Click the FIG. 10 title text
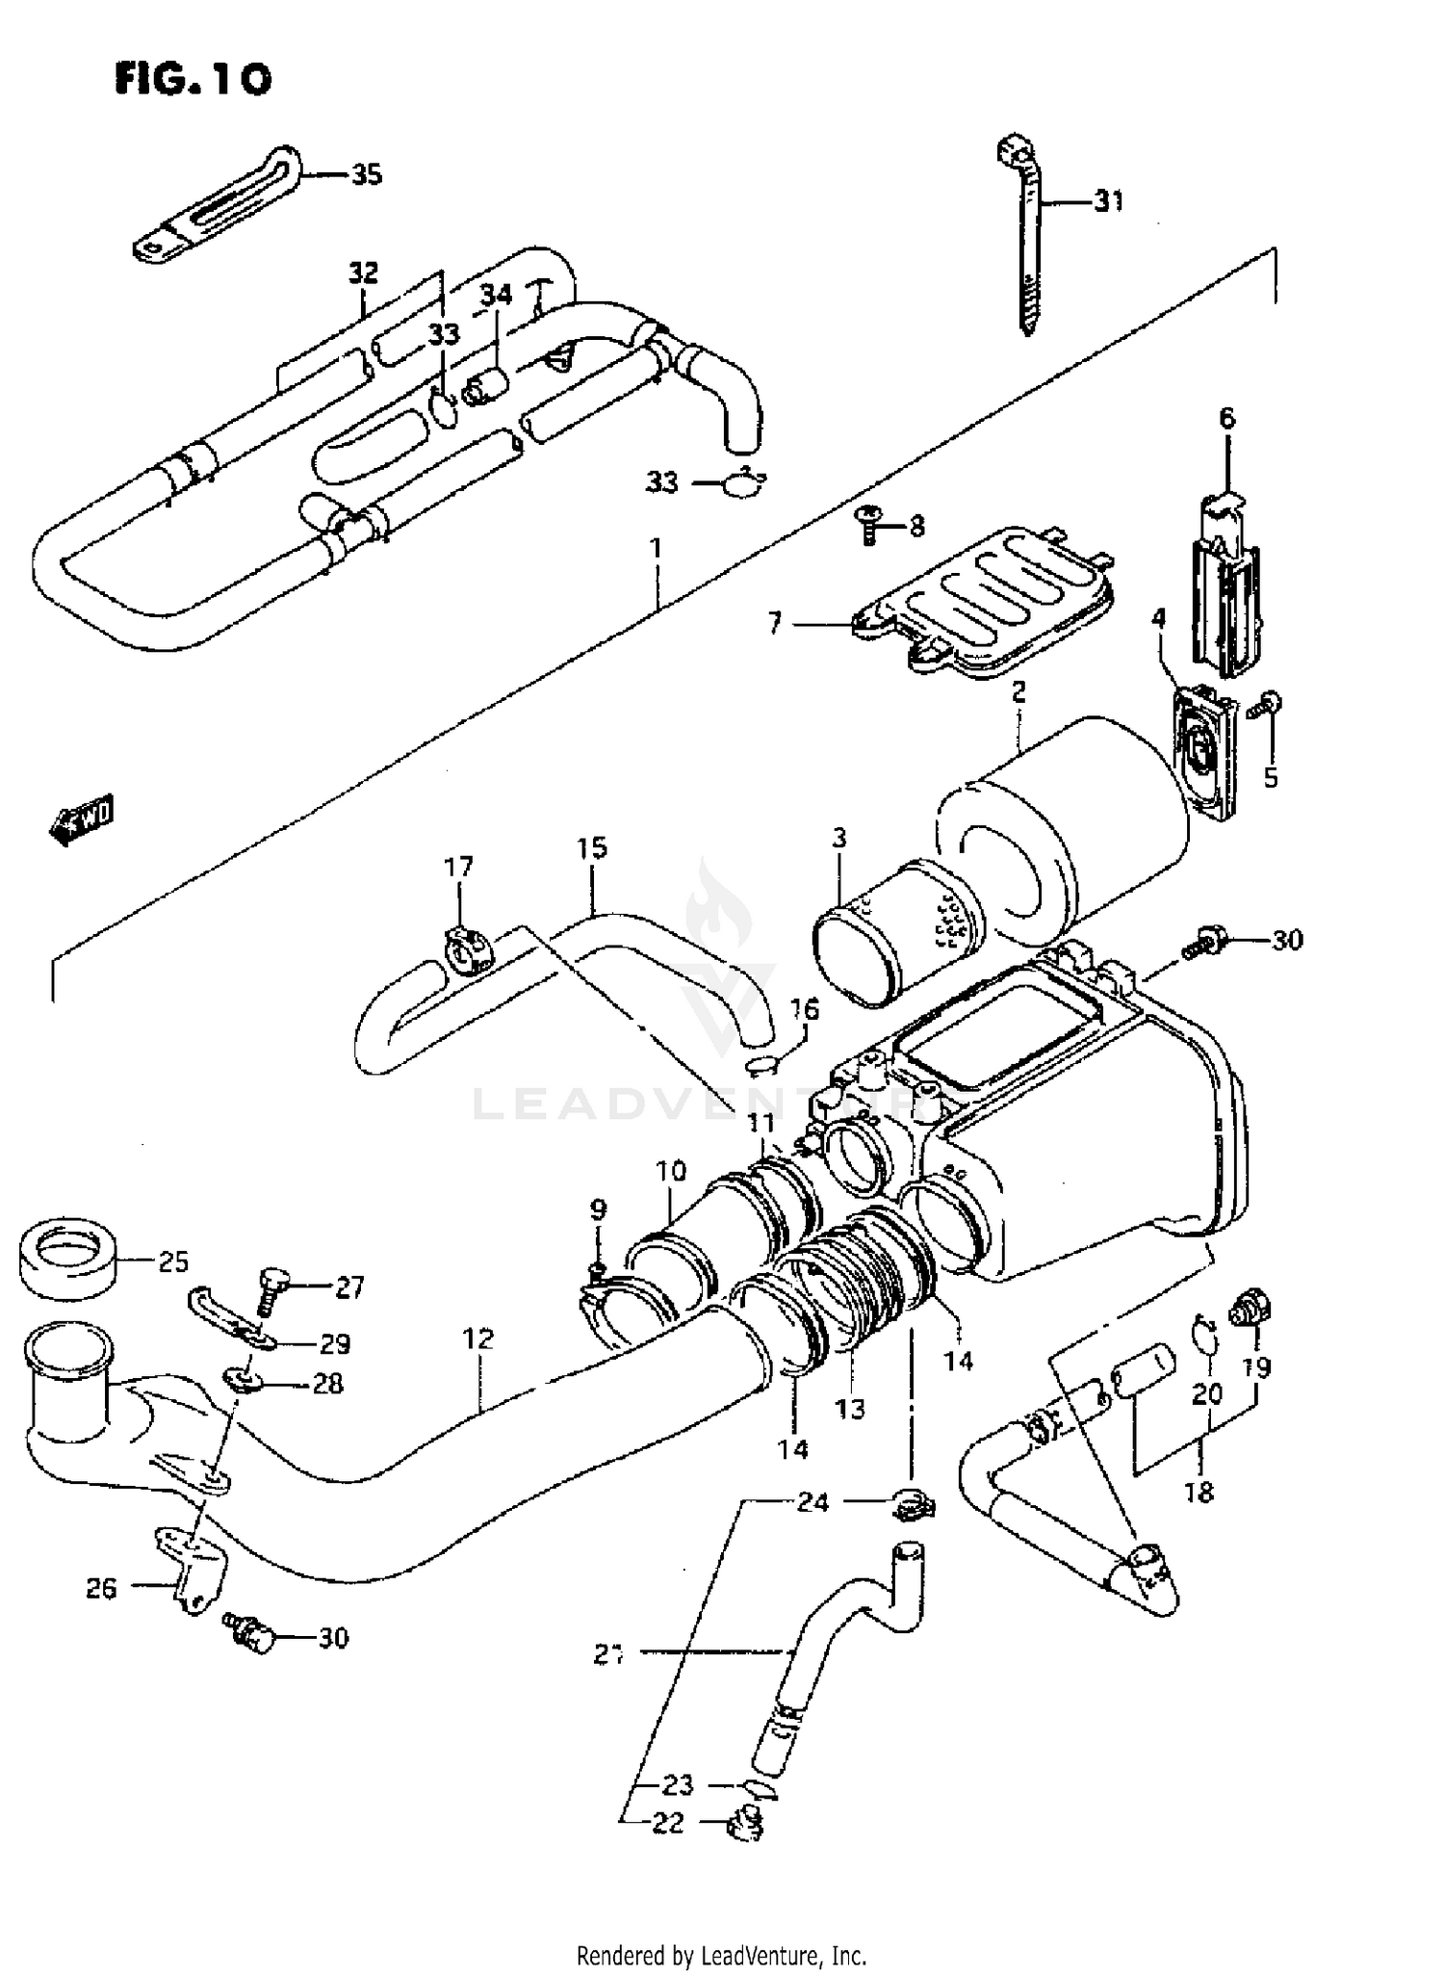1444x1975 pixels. tap(193, 78)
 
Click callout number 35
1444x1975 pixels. tap(366, 174)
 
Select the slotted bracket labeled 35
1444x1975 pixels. tap(217, 207)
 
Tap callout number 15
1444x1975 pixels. tap(592, 848)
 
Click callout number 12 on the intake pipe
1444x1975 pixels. tap(477, 1338)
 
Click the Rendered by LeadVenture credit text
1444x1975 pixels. tap(721, 1956)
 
